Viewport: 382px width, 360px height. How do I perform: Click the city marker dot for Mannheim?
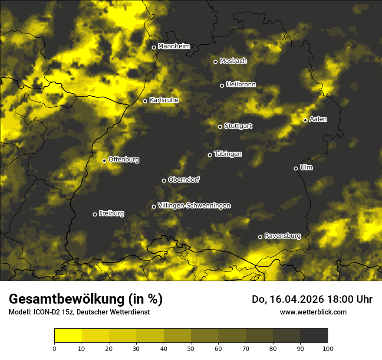click(154, 48)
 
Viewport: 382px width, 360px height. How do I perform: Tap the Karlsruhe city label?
click(164, 100)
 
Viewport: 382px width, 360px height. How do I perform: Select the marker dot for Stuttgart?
click(220, 127)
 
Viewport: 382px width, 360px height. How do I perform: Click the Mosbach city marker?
click(215, 62)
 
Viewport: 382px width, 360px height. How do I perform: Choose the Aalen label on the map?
click(318, 119)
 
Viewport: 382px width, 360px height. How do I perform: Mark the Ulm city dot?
click(296, 168)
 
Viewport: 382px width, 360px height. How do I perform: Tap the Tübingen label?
click(228, 154)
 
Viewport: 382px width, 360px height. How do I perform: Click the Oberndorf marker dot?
click(164, 180)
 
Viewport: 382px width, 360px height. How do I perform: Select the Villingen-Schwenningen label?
click(194, 206)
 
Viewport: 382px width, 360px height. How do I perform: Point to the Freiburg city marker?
click(95, 214)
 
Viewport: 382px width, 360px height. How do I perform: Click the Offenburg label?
click(124, 160)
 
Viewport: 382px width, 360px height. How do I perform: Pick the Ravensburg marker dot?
click(260, 237)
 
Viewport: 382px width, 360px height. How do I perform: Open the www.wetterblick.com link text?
click(313, 312)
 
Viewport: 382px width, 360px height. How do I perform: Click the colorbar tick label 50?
click(191, 348)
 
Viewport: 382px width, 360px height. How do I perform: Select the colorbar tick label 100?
click(328, 348)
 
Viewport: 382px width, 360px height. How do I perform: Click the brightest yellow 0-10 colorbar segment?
click(68, 336)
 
